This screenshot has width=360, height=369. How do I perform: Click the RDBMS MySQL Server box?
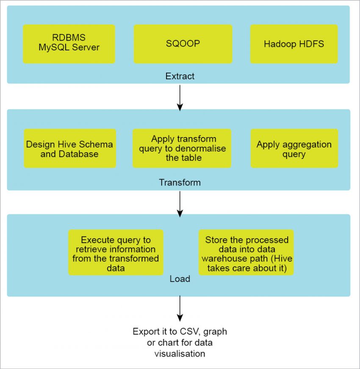[x=69, y=44]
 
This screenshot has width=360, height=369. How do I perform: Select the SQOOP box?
[x=183, y=44]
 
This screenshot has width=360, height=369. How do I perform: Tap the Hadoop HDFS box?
[x=294, y=44]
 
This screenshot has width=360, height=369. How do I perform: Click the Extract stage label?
[x=180, y=76]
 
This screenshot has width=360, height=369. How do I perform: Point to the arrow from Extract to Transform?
[x=180, y=97]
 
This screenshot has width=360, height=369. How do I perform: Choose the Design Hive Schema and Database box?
[x=70, y=149]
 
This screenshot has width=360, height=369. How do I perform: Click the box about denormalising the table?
[x=182, y=149]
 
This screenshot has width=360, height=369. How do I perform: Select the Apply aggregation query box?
[x=294, y=149]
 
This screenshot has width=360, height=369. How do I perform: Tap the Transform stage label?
[x=180, y=183]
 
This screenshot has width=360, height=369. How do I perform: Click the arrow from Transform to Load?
[x=180, y=203]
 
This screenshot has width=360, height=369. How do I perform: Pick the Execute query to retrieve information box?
[x=116, y=253]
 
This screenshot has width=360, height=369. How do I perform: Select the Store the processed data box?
[x=246, y=253]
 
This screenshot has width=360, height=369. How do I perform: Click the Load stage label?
[x=180, y=279]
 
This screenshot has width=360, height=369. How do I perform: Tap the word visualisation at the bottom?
[x=180, y=353]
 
